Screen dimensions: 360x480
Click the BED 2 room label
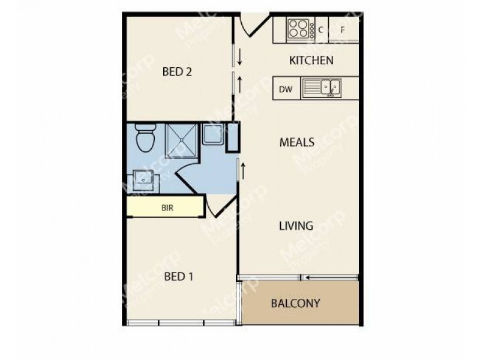177,72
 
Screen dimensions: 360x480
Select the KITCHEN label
311,61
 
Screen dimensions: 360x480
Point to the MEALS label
297,143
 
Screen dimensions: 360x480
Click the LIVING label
296,226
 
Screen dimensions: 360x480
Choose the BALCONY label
295,303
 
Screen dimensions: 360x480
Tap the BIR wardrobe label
167,209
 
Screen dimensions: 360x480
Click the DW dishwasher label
286,89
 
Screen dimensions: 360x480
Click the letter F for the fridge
343,28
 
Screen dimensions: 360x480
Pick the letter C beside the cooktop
321,28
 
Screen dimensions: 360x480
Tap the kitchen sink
329,89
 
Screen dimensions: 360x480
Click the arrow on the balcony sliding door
308,277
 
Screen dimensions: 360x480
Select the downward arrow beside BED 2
239,58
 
